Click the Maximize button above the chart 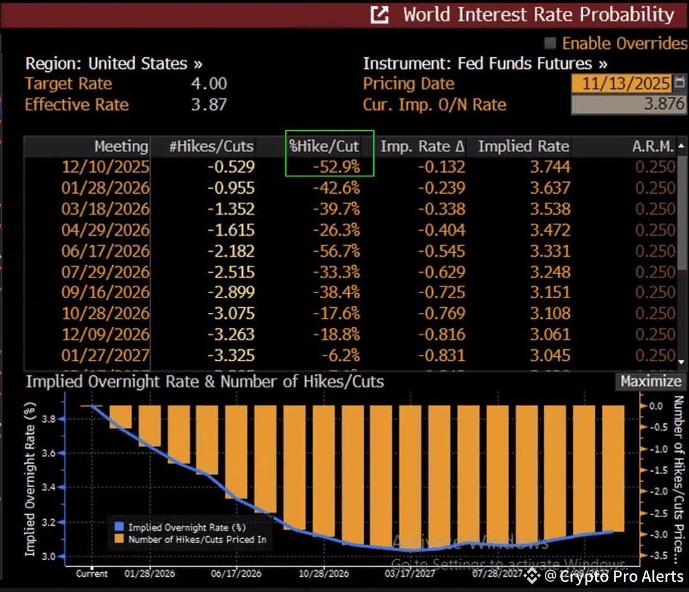651,381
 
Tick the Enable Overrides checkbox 549,43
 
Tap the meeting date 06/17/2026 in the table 105,251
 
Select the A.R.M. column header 653,147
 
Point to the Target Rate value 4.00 209,83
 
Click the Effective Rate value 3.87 209,105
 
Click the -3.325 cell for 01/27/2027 230,355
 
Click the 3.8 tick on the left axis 49,419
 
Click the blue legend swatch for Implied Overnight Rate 117,528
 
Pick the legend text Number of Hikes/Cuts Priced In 197,540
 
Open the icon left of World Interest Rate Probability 380,15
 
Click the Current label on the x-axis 92,574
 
